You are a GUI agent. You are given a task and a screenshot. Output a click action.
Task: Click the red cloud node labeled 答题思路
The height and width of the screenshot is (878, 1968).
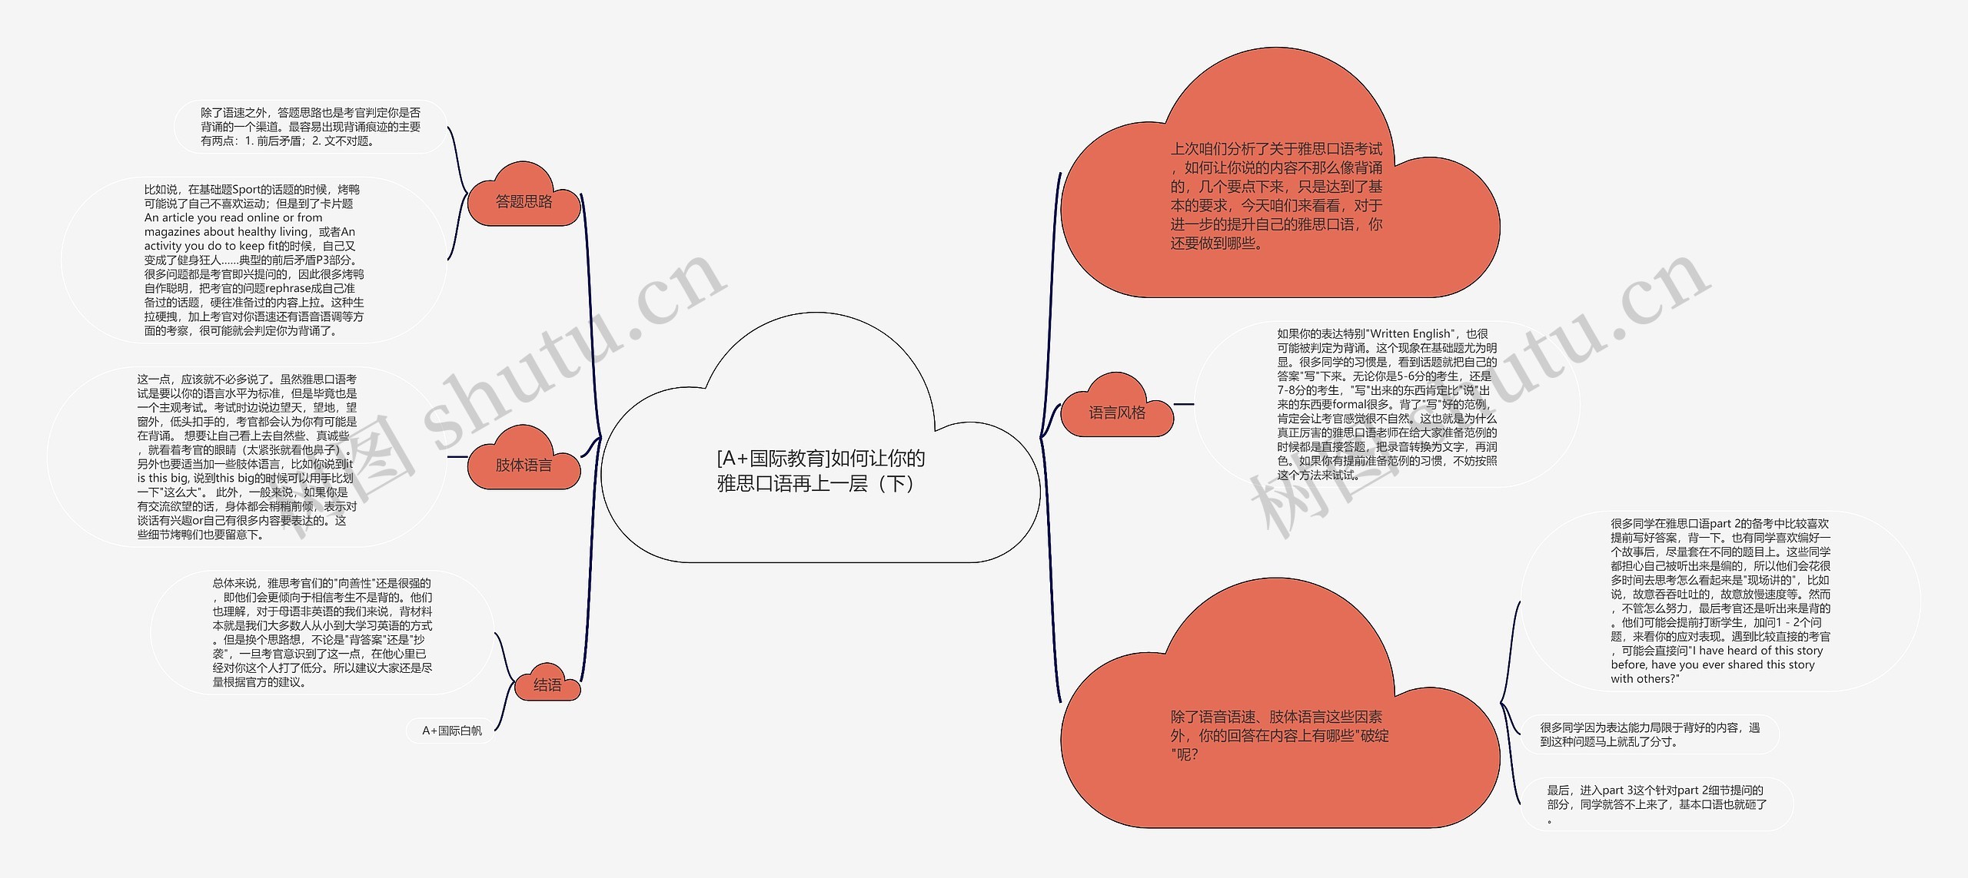pyautogui.click(x=524, y=202)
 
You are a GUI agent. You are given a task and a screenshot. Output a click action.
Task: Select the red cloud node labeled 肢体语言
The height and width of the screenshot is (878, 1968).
pyautogui.click(x=524, y=466)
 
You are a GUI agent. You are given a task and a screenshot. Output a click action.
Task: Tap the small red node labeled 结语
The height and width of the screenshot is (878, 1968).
pyautogui.click(x=547, y=685)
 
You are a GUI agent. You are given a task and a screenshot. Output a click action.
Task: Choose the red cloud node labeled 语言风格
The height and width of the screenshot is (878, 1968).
pyautogui.click(x=1117, y=413)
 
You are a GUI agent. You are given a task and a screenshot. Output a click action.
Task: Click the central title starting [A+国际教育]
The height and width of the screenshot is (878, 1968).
pyautogui.click(x=820, y=471)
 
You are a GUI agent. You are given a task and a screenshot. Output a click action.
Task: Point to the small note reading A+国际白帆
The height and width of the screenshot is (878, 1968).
pyautogui.click(x=452, y=731)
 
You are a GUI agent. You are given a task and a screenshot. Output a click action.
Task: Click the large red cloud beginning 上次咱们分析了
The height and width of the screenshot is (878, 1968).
pyautogui.click(x=1276, y=196)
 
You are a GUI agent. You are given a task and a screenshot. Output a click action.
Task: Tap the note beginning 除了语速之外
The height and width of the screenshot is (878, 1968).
pyautogui.click(x=311, y=127)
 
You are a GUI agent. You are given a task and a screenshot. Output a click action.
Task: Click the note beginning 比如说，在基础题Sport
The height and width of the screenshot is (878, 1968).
pyautogui.click(x=254, y=260)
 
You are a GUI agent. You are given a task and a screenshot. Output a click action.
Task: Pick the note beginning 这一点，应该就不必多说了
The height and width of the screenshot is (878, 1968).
pyautogui.click(x=247, y=456)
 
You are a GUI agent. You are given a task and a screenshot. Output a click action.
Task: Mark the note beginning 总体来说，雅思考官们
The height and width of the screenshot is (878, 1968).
pyautogui.click(x=322, y=632)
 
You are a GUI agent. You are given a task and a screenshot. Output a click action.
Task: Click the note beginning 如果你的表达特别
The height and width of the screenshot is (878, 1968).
pyautogui.click(x=1387, y=404)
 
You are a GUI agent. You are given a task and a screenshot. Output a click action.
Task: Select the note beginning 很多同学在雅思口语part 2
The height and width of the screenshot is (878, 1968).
pyautogui.click(x=1720, y=601)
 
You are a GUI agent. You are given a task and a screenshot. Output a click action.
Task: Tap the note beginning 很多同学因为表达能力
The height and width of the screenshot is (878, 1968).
pyautogui.click(x=1650, y=734)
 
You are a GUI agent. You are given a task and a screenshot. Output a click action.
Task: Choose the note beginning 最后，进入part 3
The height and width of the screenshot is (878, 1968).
pyautogui.click(x=1657, y=803)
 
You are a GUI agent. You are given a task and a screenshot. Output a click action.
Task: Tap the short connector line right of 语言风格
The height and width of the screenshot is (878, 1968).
pyautogui.click(x=1184, y=404)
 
